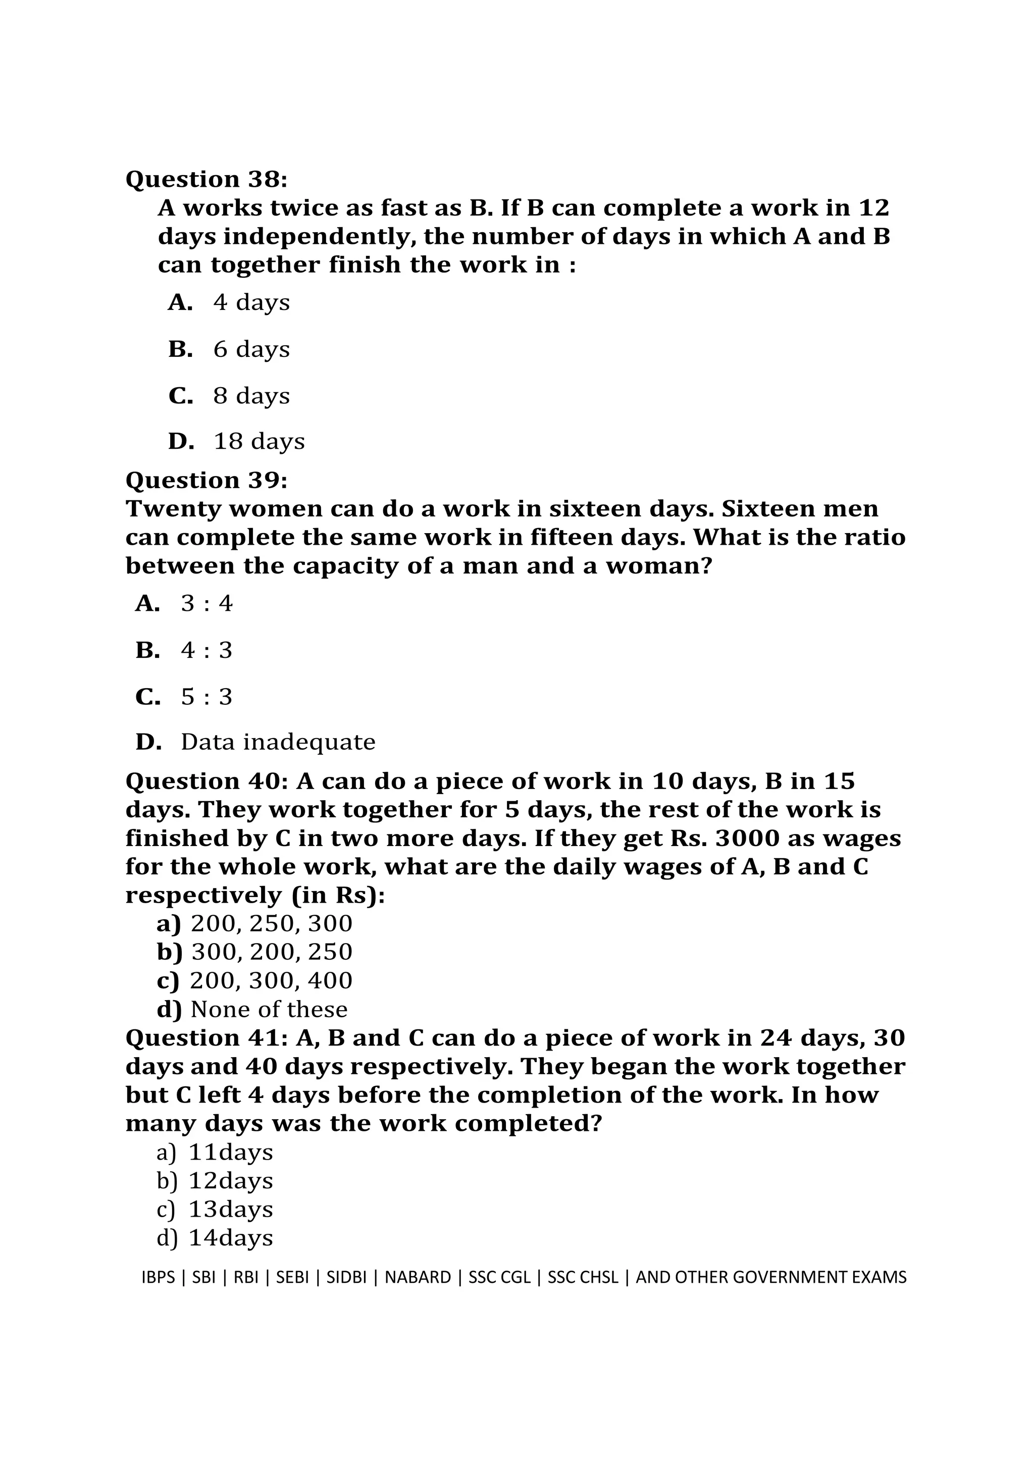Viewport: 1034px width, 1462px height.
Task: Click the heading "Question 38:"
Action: pos(206,180)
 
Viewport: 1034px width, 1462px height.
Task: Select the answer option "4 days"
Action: pos(251,302)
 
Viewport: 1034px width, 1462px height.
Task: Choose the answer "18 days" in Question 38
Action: pos(259,441)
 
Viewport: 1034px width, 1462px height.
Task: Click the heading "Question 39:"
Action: pos(206,480)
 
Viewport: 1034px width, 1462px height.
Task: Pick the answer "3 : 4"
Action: pos(207,603)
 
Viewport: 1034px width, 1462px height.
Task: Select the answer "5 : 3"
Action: pos(207,697)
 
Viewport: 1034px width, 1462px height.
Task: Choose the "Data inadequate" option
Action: pos(278,742)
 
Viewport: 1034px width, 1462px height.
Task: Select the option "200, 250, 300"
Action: pos(271,923)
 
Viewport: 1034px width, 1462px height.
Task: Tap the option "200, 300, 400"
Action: pos(271,980)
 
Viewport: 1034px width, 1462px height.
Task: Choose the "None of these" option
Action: pos(269,1009)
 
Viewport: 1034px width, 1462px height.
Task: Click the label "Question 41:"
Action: pos(207,1038)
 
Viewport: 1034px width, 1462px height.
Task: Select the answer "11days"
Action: pos(231,1152)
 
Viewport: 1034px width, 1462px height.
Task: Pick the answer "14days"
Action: pos(231,1237)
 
